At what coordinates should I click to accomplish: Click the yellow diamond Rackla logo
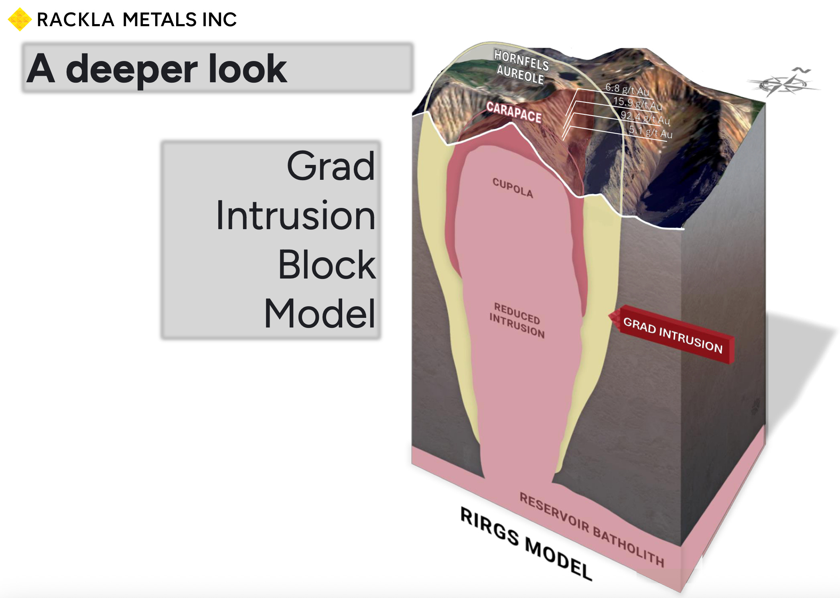pos(19,19)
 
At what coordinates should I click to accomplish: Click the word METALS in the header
pos(160,20)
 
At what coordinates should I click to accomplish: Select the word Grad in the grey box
pos(331,166)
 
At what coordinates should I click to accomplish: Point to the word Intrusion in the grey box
pos(296,216)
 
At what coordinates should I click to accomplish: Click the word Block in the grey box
pos(327,265)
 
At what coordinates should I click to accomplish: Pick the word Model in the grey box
pos(320,314)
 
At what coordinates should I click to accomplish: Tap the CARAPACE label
pos(514,112)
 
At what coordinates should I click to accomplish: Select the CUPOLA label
pos(513,188)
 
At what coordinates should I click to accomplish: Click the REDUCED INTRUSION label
pos(517,320)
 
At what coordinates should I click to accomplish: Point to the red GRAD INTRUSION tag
pos(673,335)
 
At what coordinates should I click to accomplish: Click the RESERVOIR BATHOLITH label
pos(592,529)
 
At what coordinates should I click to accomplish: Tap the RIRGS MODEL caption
pos(526,543)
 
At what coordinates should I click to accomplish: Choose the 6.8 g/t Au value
pos(627,89)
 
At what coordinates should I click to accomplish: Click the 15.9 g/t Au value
pos(637,103)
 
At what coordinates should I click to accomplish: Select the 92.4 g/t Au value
pos(645,118)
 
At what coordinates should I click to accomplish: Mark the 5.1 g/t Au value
pos(650,132)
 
